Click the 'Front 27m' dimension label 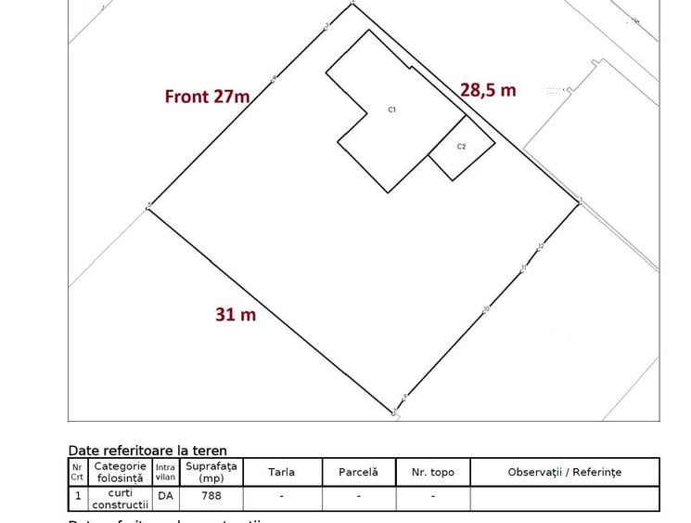click(x=207, y=96)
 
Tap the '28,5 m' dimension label click(x=488, y=89)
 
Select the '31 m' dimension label click(x=236, y=315)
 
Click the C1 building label click(x=392, y=110)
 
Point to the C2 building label click(x=461, y=147)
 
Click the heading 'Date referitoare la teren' click(x=147, y=451)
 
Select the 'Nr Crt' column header click(x=77, y=472)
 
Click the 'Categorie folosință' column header click(x=121, y=472)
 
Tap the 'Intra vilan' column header click(x=165, y=472)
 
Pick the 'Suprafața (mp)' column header click(x=211, y=472)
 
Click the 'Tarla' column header click(x=281, y=472)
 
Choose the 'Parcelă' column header click(x=358, y=472)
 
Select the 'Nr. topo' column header click(x=432, y=472)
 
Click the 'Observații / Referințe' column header click(x=564, y=472)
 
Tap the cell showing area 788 click(x=211, y=496)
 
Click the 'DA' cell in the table click(x=165, y=496)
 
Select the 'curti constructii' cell click(x=121, y=499)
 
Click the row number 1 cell click(x=77, y=496)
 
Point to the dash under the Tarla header click(x=281, y=496)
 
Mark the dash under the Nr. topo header click(x=432, y=496)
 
